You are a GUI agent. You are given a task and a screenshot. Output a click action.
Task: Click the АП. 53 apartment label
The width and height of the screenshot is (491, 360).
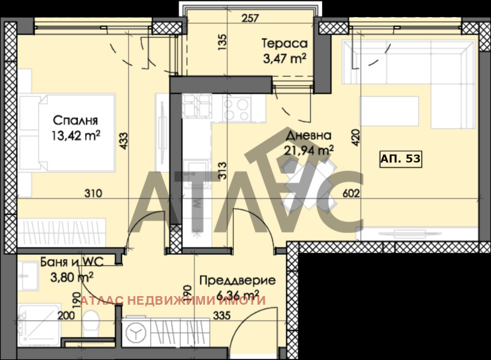coord(400,158)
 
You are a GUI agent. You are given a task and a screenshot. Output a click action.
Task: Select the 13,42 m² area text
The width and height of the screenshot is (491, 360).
coord(76,135)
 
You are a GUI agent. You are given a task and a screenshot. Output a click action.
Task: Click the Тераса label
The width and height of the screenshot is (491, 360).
coord(284,44)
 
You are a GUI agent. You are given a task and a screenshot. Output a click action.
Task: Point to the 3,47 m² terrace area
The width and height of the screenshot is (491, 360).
coord(284,58)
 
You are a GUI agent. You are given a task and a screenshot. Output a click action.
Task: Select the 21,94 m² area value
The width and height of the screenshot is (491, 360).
coord(309,149)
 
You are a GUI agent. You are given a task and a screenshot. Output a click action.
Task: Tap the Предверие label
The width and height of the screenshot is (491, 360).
coord(238,281)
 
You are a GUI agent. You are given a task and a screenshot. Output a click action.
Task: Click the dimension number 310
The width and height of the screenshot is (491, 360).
coord(93,194)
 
